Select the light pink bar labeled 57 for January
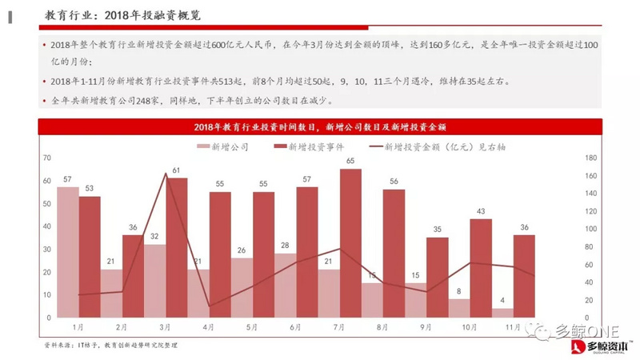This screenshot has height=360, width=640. tap(68, 252)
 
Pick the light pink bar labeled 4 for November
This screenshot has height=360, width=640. tap(502, 313)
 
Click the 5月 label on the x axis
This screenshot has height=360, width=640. tap(251, 327)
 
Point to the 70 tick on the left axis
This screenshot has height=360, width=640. tap(47, 158)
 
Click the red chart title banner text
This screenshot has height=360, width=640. tap(318, 127)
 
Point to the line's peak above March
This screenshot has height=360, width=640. tap(165, 173)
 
